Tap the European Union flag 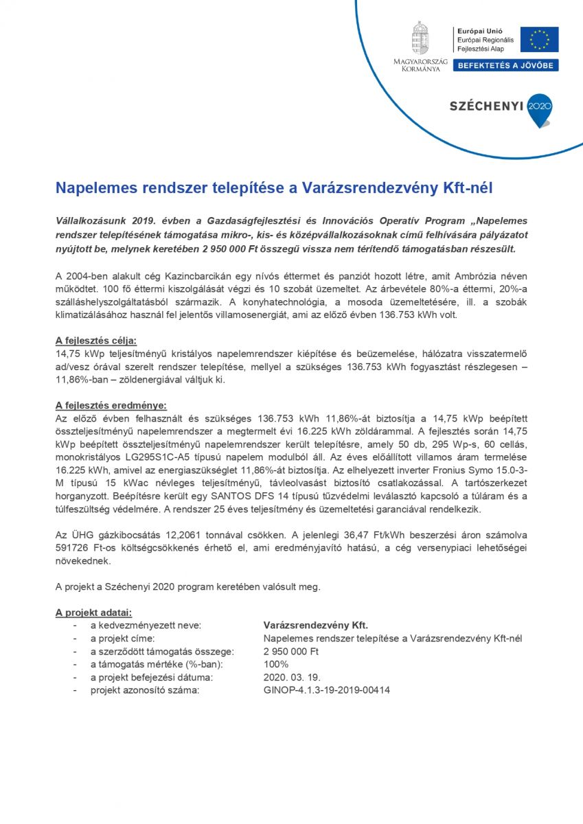539,39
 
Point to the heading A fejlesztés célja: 95,340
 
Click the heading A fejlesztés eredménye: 111,405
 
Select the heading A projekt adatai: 93,612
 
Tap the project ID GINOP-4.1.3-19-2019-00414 327,690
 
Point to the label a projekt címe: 124,638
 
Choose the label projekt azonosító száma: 145,690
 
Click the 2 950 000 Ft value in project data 291,651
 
